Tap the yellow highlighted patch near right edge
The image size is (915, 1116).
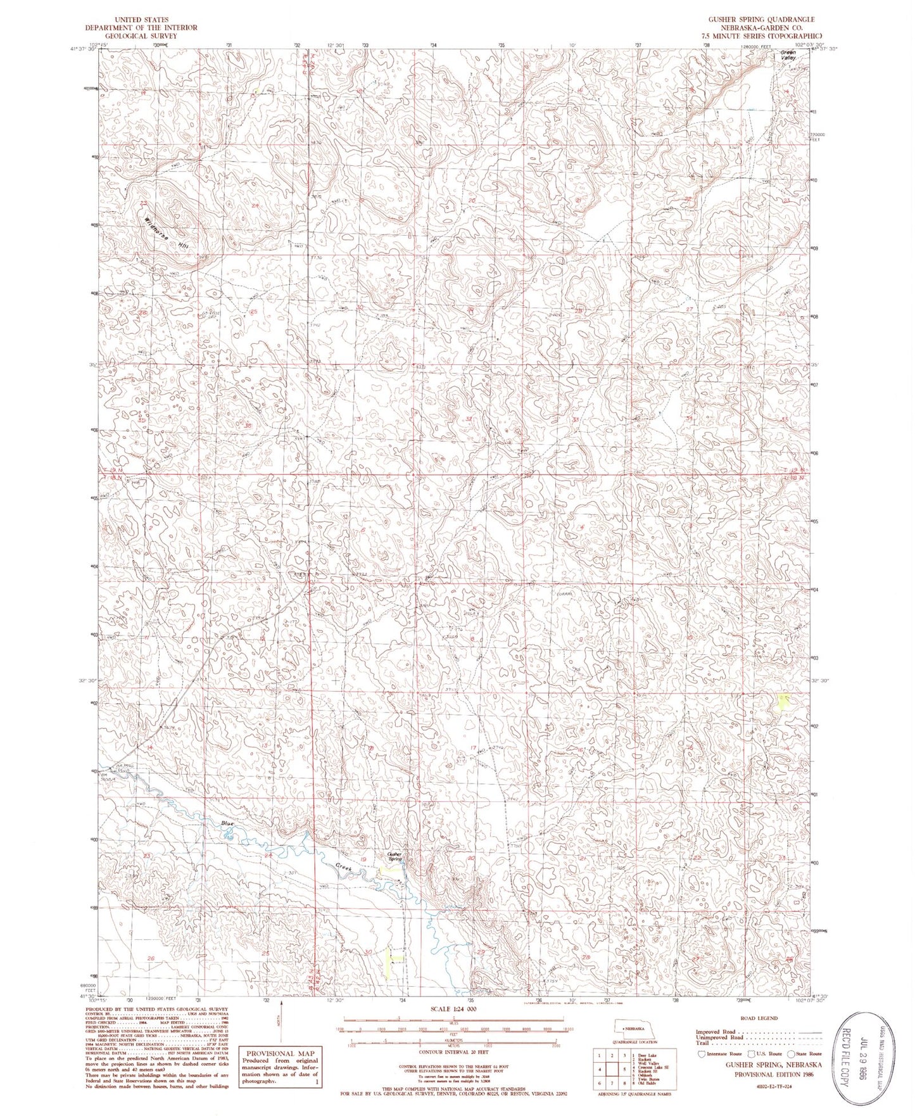click(x=784, y=701)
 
